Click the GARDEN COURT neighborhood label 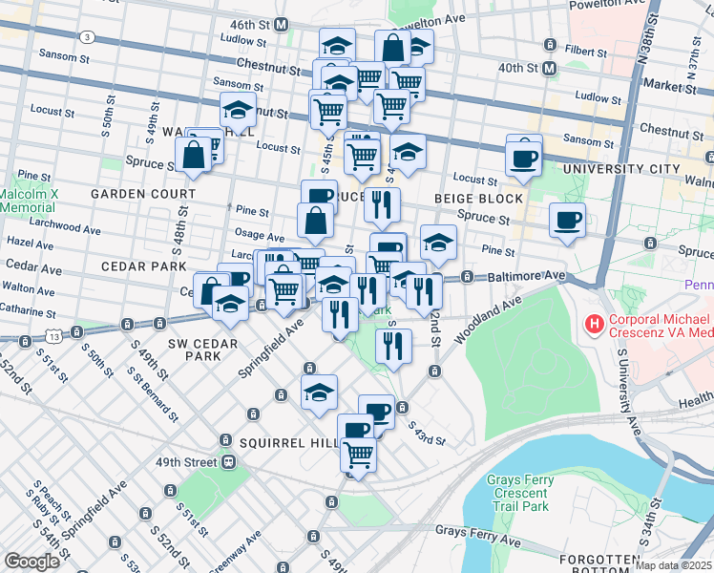142,194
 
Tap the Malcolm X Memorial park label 29,200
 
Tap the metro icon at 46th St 281,24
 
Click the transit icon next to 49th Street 229,462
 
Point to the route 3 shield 87,37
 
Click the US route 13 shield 54,336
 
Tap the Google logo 31,562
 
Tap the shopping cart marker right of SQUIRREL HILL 358,456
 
